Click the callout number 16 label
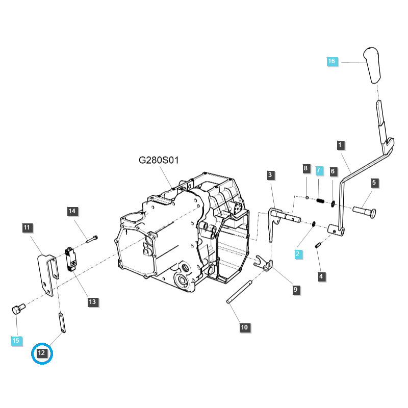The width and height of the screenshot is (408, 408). click(x=331, y=61)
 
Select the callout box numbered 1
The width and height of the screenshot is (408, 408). click(x=340, y=145)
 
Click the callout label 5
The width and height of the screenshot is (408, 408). click(x=374, y=182)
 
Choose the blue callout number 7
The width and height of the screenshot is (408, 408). click(x=319, y=169)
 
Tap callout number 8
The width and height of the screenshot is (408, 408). click(x=306, y=168)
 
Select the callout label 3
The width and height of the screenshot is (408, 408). click(x=270, y=175)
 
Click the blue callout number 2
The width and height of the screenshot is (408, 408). click(x=297, y=253)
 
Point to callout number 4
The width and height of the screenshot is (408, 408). click(x=321, y=276)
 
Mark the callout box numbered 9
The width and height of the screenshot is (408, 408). click(x=295, y=290)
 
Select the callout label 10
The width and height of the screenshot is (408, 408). click(x=245, y=327)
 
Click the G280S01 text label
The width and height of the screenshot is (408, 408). click(x=159, y=160)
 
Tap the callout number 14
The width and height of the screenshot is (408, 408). click(x=72, y=211)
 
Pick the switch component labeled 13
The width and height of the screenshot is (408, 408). click(x=70, y=258)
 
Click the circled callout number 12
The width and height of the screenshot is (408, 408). click(x=42, y=353)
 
